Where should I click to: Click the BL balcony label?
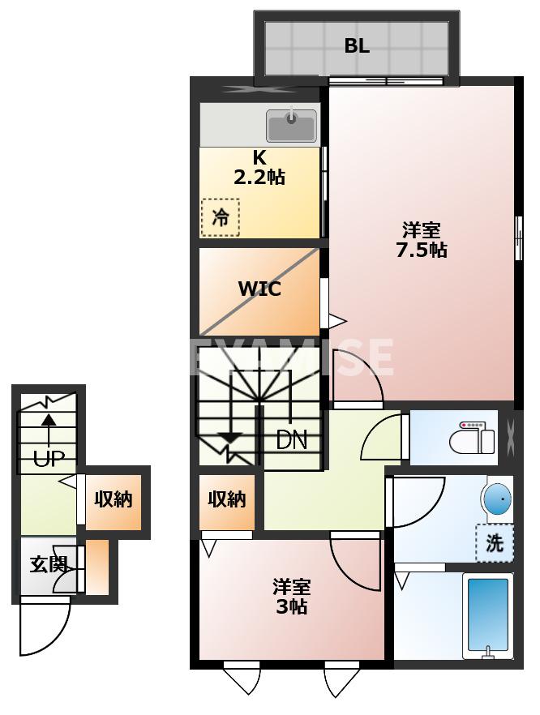click(357, 46)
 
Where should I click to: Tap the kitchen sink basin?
click(291, 126)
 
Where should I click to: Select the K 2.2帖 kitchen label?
click(259, 168)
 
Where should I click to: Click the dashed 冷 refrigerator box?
click(221, 217)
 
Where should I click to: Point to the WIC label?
click(259, 289)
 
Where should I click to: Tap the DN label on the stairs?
click(291, 440)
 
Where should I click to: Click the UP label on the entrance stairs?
click(49, 459)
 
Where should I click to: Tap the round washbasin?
click(498, 499)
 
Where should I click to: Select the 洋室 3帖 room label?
click(291, 597)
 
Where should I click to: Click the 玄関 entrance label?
click(48, 565)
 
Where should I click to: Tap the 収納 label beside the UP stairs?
click(113, 499)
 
